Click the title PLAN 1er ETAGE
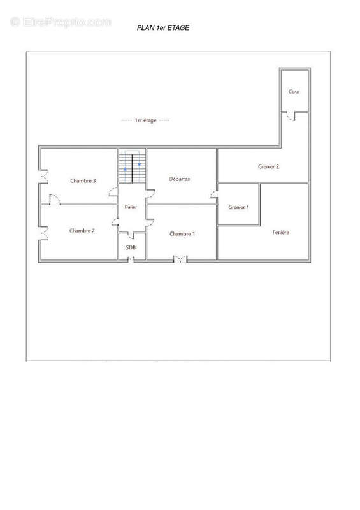(163, 28)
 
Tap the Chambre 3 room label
(83, 181)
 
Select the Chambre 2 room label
(82, 231)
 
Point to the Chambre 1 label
(182, 234)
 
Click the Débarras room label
(180, 179)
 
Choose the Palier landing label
(131, 207)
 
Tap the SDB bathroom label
(131, 247)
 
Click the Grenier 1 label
(239, 207)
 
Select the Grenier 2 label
(269, 166)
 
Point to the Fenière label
(281, 232)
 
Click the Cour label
(294, 92)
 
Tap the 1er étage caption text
(146, 120)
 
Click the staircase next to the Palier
(132, 166)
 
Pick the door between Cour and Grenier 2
(291, 116)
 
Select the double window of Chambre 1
(180, 259)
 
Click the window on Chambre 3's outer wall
(44, 177)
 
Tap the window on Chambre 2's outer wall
(44, 233)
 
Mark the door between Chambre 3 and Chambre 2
(55, 200)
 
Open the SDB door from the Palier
(131, 235)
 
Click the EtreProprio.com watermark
(61, 22)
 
